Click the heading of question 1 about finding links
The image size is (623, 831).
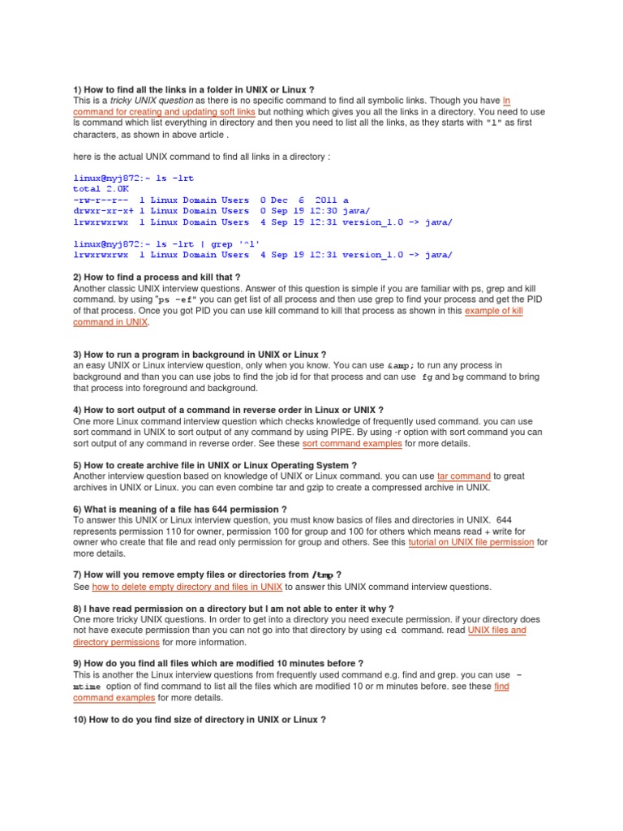click(x=193, y=88)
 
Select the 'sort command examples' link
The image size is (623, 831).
click(x=351, y=444)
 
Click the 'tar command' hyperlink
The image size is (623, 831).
click(x=463, y=476)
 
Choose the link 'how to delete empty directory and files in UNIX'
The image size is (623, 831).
click(x=187, y=586)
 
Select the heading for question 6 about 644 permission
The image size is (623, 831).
click(x=179, y=510)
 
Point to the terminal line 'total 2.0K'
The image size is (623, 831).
click(x=103, y=188)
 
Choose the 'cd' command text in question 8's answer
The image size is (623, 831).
click(x=390, y=630)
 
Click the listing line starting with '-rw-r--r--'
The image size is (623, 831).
click(x=211, y=200)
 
